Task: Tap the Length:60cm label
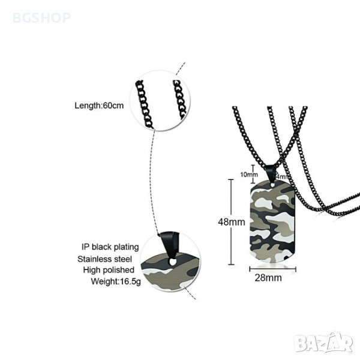click(x=99, y=106)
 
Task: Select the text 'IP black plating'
click(x=111, y=247)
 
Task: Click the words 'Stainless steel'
click(x=112, y=258)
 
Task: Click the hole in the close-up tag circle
click(x=173, y=262)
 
